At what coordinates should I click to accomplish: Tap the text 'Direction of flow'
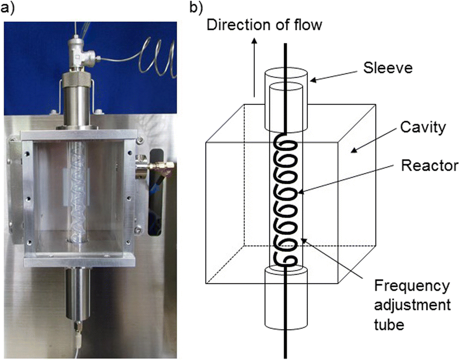(264, 24)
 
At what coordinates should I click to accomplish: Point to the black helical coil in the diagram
(285, 201)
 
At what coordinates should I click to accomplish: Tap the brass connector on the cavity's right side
(161, 165)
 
